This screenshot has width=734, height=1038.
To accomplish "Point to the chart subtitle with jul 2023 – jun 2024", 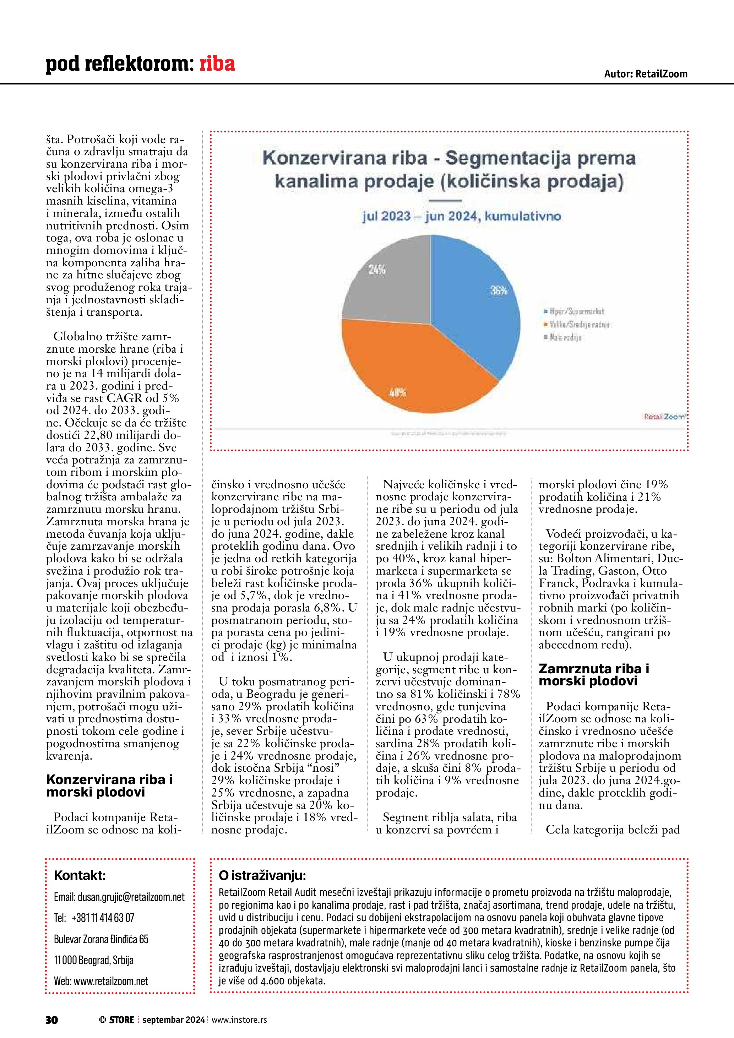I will [x=461, y=216].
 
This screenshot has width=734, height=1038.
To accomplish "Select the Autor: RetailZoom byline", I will [x=646, y=74].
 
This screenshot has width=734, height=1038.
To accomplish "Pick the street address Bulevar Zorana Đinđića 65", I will [x=101, y=939].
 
